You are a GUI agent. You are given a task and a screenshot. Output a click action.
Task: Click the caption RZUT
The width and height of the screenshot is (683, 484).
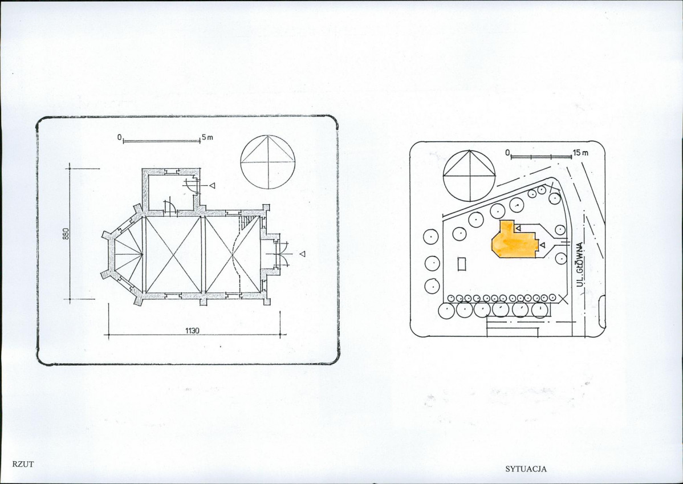(x=23, y=464)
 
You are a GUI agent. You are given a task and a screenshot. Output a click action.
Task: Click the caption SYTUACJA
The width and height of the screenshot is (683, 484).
(x=526, y=469)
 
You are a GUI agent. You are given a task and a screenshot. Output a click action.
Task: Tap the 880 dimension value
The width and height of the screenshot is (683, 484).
(x=66, y=234)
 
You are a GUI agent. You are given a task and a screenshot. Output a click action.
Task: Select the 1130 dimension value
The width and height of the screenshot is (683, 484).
(x=192, y=331)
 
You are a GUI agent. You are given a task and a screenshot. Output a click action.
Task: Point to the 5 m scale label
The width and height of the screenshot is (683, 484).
(x=208, y=137)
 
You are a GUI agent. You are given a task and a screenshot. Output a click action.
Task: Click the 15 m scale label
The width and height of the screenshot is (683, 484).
(x=580, y=153)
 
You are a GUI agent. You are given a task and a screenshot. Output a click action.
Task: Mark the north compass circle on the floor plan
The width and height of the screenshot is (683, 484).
(x=268, y=162)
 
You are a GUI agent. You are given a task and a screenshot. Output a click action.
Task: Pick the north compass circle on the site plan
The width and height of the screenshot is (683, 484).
(x=469, y=176)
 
